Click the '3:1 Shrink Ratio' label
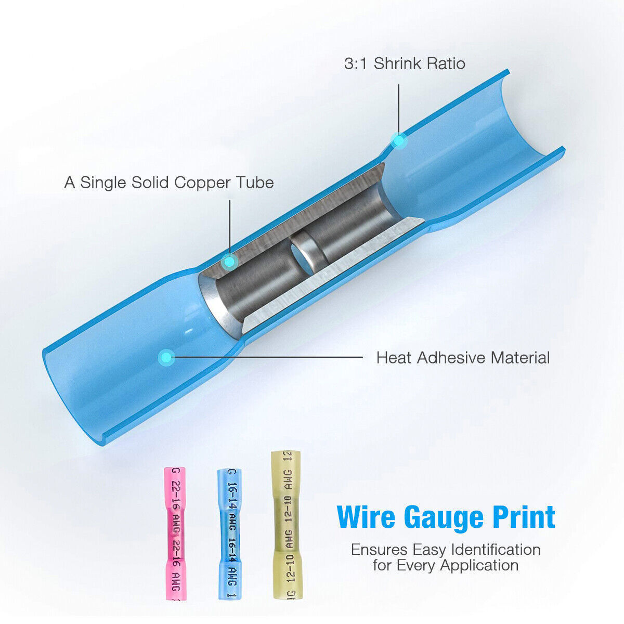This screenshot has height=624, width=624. click(x=405, y=63)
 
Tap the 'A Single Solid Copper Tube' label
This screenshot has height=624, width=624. click(x=169, y=183)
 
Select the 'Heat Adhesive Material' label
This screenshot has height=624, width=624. click(x=463, y=358)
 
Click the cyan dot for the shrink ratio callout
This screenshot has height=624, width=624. click(x=399, y=140)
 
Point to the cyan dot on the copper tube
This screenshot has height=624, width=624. click(x=229, y=262)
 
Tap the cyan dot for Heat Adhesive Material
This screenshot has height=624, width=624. click(x=166, y=357)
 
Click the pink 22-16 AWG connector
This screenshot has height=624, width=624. click(x=175, y=533)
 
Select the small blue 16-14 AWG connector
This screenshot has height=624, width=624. click(x=229, y=533)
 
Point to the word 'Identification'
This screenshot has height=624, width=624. click(x=496, y=549)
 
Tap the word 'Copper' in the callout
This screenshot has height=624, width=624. click(x=203, y=183)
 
